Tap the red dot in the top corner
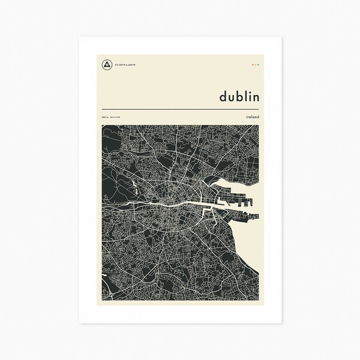[253, 64]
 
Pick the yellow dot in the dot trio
[256, 64]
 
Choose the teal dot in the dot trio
[259, 64]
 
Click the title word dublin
[239, 96]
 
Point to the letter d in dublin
[223, 97]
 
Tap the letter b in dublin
[239, 96]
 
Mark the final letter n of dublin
[256, 97]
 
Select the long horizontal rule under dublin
[179, 109]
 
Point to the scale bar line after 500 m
[115, 117]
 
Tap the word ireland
[252, 117]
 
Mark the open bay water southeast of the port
[249, 240]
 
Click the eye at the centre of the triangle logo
[107, 64]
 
